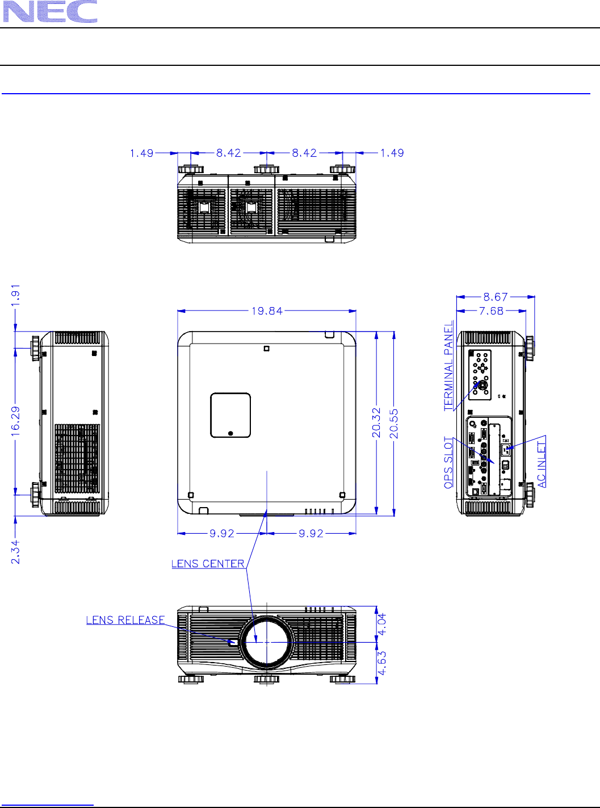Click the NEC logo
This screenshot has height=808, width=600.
50,11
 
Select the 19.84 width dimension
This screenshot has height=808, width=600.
267,311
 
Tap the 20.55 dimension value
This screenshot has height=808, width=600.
394,424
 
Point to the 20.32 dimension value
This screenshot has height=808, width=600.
376,422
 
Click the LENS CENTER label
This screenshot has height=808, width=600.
208,564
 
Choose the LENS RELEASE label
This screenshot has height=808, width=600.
125,619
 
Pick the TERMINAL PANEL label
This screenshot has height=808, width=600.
449,365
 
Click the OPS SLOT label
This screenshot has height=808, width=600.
449,463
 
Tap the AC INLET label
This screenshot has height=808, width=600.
542,464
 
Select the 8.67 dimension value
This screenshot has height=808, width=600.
496,297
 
